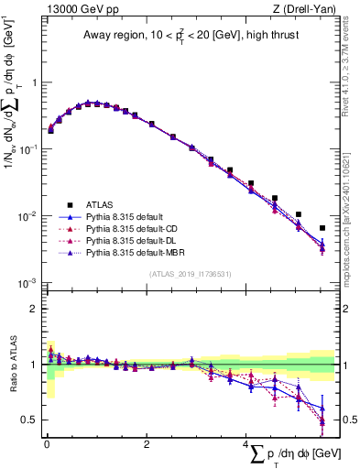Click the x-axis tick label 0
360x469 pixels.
[x=47, y=443]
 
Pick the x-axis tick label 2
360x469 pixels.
[x=147, y=443]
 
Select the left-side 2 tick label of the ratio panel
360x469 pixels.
[x=34, y=309]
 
